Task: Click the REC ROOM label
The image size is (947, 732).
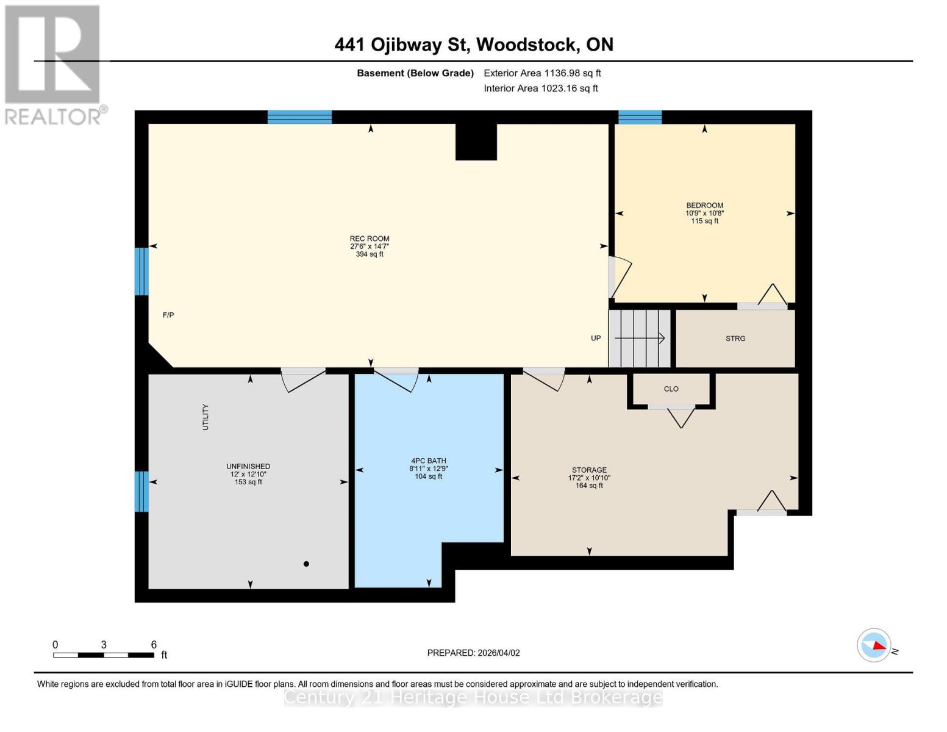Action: tap(369, 239)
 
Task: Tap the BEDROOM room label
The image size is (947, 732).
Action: tap(704, 206)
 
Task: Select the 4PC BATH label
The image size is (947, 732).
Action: tap(428, 461)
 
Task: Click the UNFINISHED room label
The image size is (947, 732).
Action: tap(248, 467)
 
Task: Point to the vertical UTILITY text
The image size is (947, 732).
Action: tap(205, 417)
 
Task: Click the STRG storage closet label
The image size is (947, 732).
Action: tap(735, 339)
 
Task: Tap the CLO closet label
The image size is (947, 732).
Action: tap(671, 389)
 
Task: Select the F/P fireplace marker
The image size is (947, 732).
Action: tap(168, 315)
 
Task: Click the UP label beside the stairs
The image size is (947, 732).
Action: tap(596, 338)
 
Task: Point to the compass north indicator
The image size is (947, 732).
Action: tap(874, 645)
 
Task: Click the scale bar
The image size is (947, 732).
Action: tap(104, 655)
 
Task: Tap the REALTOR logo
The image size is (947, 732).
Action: tap(54, 64)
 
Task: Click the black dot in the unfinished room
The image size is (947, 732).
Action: tap(306, 564)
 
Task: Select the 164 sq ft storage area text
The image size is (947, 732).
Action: tap(588, 486)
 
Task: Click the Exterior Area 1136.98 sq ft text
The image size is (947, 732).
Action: tap(542, 73)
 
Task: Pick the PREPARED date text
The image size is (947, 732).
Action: tap(473, 653)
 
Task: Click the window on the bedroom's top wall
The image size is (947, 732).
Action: tap(640, 117)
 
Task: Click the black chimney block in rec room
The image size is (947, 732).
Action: tap(476, 142)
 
